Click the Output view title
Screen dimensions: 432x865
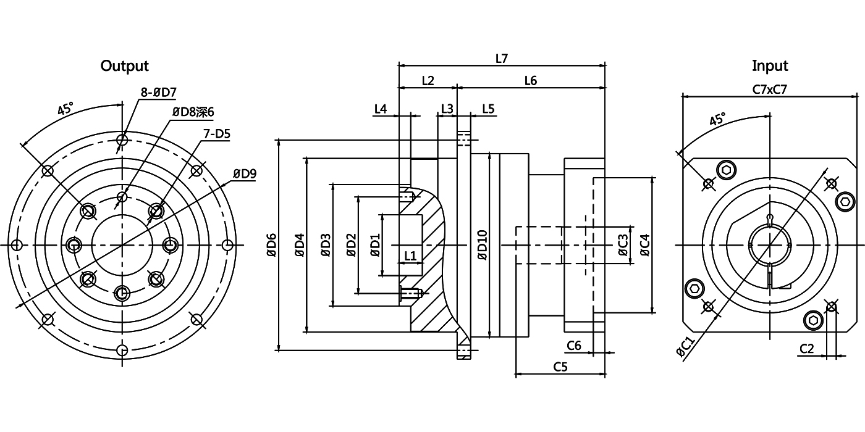coord(125,65)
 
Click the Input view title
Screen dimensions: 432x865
coord(770,65)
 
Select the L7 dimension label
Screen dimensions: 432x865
coord(502,59)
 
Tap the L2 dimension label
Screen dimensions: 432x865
coord(428,80)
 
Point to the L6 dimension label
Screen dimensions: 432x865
coord(530,80)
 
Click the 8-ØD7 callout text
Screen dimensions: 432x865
coord(159,93)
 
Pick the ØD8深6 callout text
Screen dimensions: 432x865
coord(192,112)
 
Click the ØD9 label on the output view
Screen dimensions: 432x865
coord(245,173)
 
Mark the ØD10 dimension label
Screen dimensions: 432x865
coord(483,245)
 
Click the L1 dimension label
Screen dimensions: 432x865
coord(410,255)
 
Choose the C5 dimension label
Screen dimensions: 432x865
coord(560,367)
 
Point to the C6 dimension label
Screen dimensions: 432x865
coord(573,346)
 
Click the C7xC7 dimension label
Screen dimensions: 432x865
coord(770,89)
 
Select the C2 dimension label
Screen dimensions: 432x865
coord(806,349)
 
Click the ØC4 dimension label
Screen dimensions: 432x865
coord(644,245)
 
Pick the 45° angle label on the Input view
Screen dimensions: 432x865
coord(717,119)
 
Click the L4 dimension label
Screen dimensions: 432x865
coord(381,109)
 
